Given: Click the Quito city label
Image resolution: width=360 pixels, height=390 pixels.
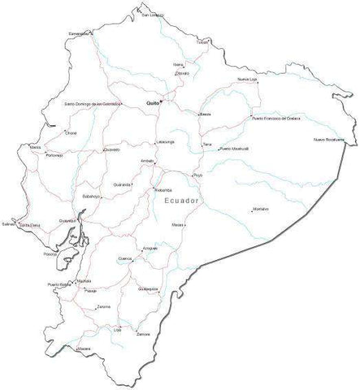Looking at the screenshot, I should (152, 104).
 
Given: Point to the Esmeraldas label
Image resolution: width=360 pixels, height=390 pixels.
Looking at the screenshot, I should (79, 33).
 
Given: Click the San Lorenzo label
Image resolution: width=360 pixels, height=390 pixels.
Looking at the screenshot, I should (151, 15).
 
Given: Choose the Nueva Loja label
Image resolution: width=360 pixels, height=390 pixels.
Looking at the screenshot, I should (247, 79).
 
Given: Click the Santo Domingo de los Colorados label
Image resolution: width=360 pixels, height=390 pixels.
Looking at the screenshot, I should (93, 104).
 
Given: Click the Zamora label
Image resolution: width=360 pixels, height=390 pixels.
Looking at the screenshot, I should (144, 334).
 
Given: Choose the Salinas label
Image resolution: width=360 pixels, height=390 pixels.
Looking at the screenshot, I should (9, 223).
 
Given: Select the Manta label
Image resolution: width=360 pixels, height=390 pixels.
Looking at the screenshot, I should (34, 147).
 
